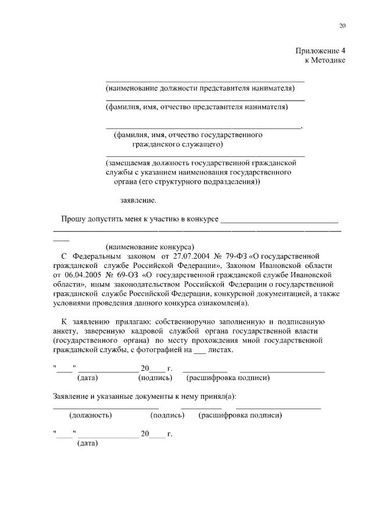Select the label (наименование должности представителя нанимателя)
point(200,88)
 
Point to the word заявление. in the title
point(138,201)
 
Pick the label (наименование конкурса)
point(149,246)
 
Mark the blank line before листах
point(199,351)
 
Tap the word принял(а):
point(218,396)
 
